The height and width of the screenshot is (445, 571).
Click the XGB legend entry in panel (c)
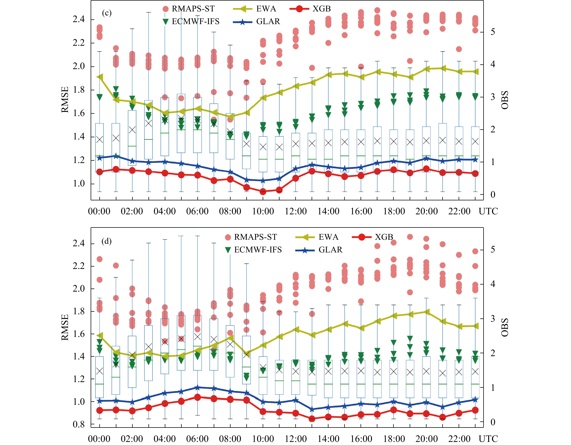tap(321, 9)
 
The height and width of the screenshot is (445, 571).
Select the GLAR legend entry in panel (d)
tap(330, 250)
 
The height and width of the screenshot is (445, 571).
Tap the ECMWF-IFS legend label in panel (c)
tap(195, 21)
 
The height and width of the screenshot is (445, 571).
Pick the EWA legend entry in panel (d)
tap(328, 237)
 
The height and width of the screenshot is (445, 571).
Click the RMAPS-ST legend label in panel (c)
tap(193, 9)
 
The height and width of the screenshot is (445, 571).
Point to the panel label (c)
tap(107, 13)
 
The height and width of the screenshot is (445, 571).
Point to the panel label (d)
tap(106, 241)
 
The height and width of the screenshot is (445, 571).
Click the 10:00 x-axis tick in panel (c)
tap(263, 211)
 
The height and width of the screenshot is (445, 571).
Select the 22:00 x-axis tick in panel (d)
tap(459, 439)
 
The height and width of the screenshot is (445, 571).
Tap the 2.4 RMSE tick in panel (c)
tap(79, 19)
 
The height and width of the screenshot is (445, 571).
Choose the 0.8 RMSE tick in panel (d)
tap(79, 424)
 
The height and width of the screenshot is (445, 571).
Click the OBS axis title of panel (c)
tap(505, 100)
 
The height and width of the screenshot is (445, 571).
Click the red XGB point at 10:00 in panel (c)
tap(263, 192)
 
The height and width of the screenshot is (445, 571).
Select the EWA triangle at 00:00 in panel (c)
tap(100, 77)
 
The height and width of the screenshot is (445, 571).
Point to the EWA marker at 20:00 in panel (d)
tap(426, 312)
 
